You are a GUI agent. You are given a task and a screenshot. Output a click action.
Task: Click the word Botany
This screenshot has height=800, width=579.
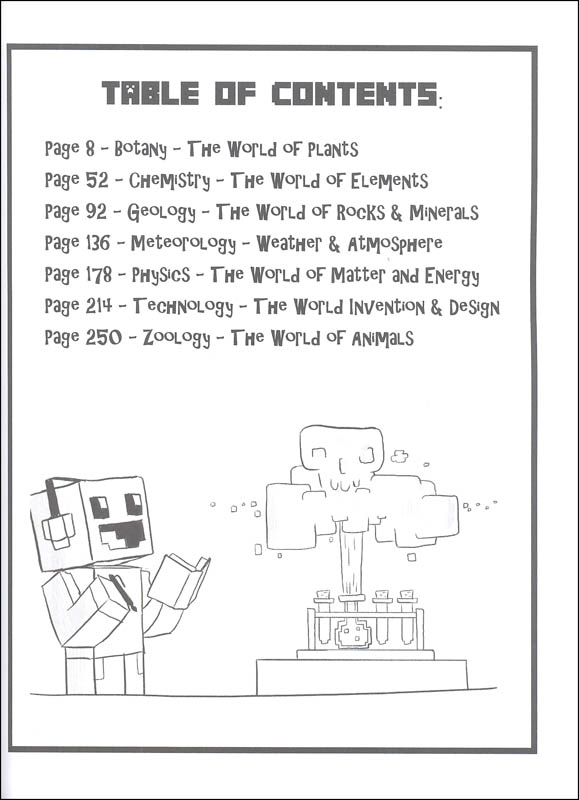[x=140, y=149]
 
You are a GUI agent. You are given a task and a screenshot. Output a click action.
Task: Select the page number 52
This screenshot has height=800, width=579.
[x=97, y=180]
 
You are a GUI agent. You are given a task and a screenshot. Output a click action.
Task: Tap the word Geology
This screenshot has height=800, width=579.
[x=161, y=212]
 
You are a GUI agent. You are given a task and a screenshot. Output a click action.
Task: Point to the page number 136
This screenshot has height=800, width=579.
[x=97, y=243]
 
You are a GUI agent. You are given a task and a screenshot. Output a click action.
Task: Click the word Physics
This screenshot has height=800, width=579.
[x=161, y=276]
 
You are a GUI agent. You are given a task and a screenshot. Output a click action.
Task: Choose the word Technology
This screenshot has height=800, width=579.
[x=183, y=307]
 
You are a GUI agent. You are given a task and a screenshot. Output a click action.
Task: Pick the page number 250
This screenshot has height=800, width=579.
[x=104, y=337]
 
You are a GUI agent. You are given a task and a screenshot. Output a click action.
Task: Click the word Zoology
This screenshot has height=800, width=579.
[x=177, y=338]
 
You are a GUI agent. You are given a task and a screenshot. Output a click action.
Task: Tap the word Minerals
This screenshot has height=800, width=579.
[x=444, y=212]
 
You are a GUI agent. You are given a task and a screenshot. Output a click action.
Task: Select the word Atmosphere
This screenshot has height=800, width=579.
[x=395, y=244]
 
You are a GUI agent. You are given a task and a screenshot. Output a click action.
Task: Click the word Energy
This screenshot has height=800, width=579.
[x=452, y=276]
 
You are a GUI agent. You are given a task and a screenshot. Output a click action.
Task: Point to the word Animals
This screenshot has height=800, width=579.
[x=383, y=338]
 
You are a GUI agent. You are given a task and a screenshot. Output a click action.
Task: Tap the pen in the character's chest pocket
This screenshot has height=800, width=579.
[x=122, y=592]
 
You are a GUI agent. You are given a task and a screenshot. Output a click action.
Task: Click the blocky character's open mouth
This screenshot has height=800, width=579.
[x=122, y=534]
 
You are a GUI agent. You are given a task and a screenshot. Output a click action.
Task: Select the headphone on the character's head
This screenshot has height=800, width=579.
[x=58, y=520]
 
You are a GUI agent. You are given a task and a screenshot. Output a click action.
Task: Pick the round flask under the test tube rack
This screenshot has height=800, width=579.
[x=352, y=633]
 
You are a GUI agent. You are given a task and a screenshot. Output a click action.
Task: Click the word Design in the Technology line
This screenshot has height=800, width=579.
[x=474, y=308]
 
